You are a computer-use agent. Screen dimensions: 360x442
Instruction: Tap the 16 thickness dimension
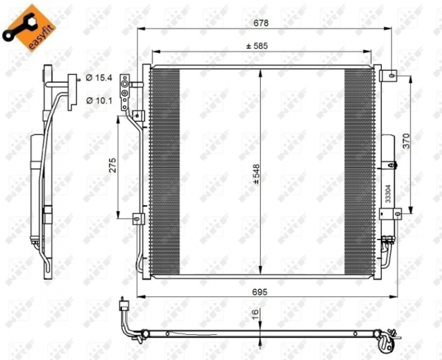point(254,314)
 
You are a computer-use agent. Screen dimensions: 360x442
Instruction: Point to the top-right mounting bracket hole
point(393,76)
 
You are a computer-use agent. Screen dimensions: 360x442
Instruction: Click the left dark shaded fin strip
point(165,171)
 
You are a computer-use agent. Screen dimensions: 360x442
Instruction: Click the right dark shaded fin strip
point(359,171)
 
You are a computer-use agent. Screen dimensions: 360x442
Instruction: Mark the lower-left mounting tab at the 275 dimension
point(136,219)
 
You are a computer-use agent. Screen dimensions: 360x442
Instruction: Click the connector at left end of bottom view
point(124,306)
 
